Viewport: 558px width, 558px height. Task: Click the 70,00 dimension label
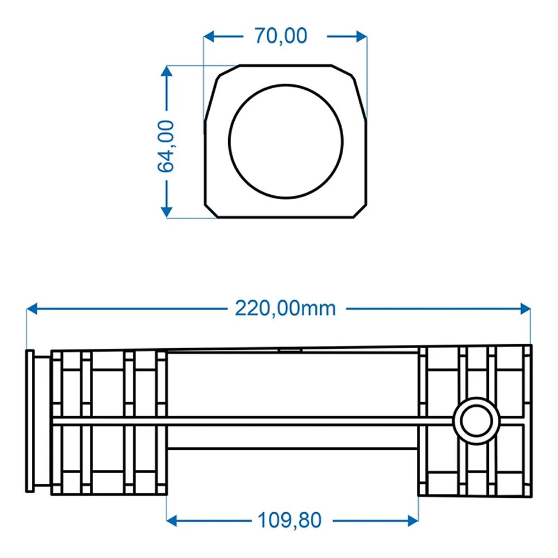tap(281, 36)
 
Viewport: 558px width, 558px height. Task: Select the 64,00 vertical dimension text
tap(166, 146)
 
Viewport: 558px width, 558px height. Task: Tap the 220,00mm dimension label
tap(285, 308)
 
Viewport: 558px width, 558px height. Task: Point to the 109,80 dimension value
tap(290, 521)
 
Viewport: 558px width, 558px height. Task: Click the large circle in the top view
tap(286, 141)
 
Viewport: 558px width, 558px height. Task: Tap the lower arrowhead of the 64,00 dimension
tap(166, 211)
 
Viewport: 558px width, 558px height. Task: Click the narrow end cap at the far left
tap(30, 421)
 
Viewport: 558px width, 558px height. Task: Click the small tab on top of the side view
tap(290, 350)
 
